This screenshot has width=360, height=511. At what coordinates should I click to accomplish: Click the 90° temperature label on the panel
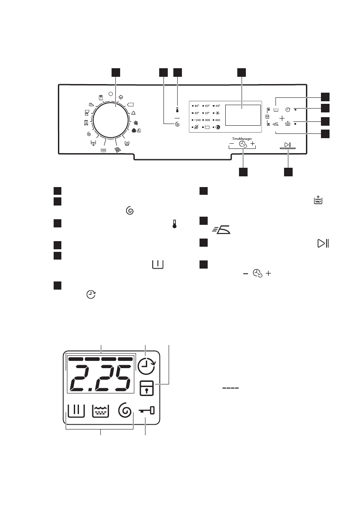pyautogui.click(x=197, y=106)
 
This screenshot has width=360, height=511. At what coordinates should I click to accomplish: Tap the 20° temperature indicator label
pyautogui.click(x=208, y=113)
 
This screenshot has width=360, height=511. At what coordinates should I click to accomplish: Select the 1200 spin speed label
pyautogui.click(x=197, y=120)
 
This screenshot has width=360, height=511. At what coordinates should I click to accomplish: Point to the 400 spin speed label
pyautogui.click(x=218, y=120)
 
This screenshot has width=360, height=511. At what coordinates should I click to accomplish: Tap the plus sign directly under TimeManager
pyautogui.click(x=253, y=144)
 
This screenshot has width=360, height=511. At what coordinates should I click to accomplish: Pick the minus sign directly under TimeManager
pyautogui.click(x=232, y=144)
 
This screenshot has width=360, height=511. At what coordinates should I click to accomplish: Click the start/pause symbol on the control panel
pyautogui.click(x=288, y=144)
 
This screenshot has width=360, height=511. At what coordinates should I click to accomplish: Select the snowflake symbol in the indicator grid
pyautogui.click(x=218, y=113)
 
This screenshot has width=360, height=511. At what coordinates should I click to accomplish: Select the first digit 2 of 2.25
pyautogui.click(x=82, y=379)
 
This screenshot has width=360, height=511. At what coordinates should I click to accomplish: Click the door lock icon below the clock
pyautogui.click(x=146, y=387)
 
